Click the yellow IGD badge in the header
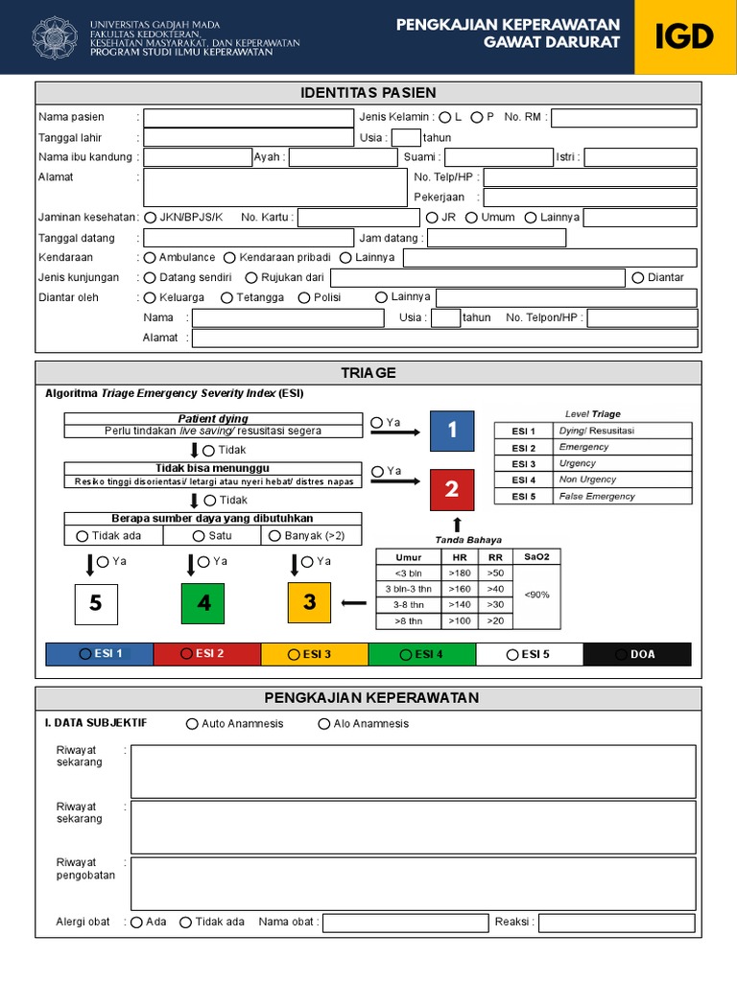click(x=684, y=37)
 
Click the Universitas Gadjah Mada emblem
click(x=56, y=37)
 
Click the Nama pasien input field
click(x=249, y=118)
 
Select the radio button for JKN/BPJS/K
click(x=151, y=218)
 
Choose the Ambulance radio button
click(x=150, y=258)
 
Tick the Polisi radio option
click(x=304, y=298)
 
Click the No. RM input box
click(x=624, y=118)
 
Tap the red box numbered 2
click(x=452, y=490)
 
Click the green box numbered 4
click(x=202, y=603)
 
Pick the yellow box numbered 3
click(x=309, y=603)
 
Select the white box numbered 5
click(x=96, y=603)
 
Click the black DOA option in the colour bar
click(x=637, y=654)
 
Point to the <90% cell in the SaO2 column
click(x=537, y=596)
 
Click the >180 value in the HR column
click(x=459, y=573)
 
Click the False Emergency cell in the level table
click(x=622, y=497)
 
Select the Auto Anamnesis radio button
click(x=193, y=724)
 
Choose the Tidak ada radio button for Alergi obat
click(x=186, y=923)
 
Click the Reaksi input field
click(x=616, y=923)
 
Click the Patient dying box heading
click(x=213, y=419)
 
